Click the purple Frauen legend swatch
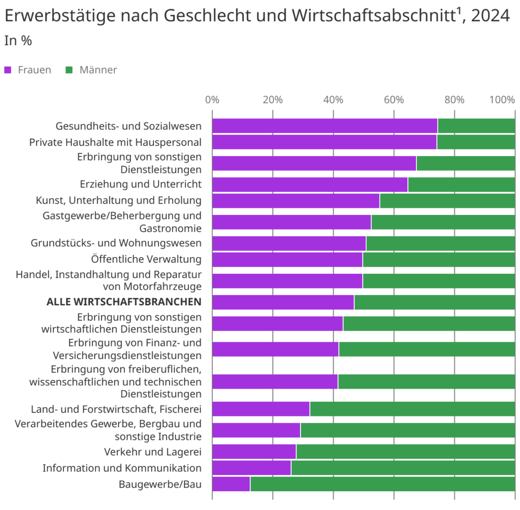click(x=8, y=70)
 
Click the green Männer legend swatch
click(x=70, y=70)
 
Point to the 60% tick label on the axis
click(x=394, y=100)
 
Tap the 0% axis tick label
click(x=212, y=100)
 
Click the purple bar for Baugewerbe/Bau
click(x=231, y=484)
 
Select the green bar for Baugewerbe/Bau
click(x=382, y=484)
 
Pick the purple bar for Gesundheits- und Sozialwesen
click(x=324, y=125)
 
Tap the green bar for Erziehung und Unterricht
click(x=461, y=184)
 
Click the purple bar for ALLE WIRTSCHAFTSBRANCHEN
click(x=283, y=302)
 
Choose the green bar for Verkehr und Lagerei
click(x=405, y=452)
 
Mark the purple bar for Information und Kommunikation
click(x=251, y=468)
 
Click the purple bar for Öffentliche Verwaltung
click(x=287, y=260)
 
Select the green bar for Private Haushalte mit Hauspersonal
click(x=476, y=142)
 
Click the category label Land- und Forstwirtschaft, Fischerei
click(x=116, y=409)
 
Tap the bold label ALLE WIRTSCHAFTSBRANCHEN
click(x=124, y=302)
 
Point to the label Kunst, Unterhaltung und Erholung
click(x=118, y=201)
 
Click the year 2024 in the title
click(x=490, y=16)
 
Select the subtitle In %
click(x=18, y=41)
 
